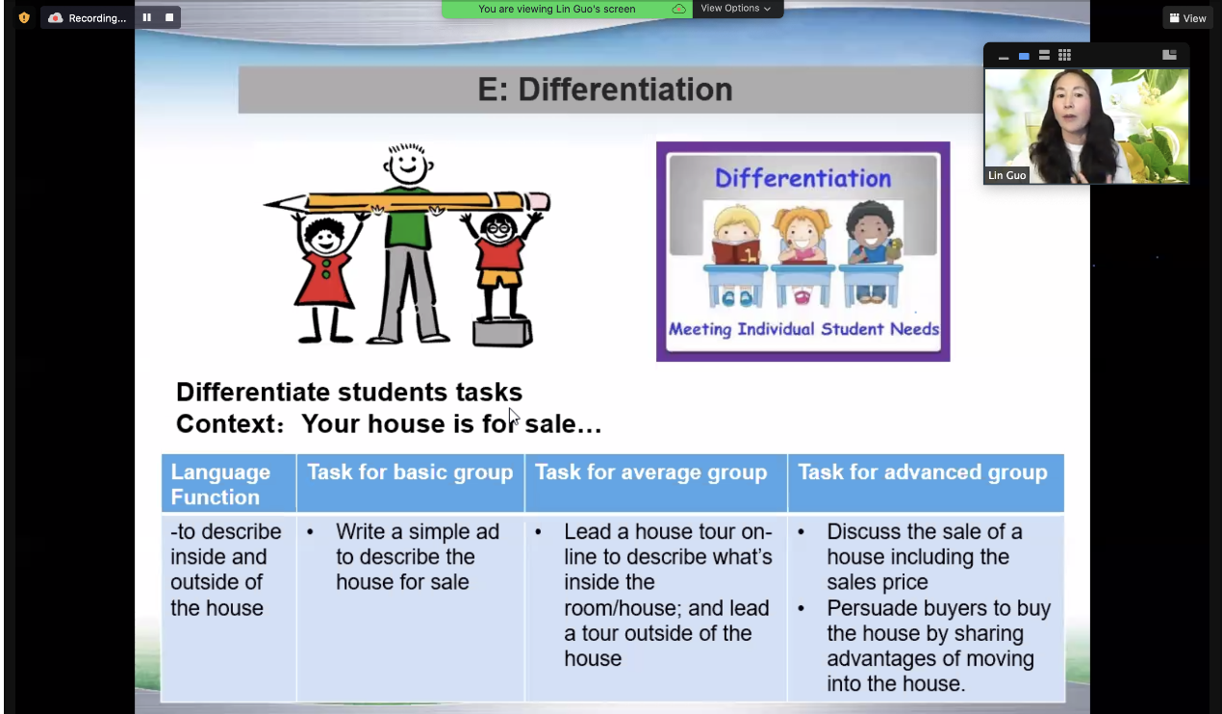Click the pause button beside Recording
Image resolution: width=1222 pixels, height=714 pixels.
147,17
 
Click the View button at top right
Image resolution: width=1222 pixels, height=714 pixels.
1187,18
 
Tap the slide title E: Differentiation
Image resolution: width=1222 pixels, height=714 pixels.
605,89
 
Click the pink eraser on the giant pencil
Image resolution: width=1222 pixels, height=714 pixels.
538,201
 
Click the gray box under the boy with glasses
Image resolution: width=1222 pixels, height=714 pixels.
502,332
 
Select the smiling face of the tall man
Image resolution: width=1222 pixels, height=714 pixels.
408,165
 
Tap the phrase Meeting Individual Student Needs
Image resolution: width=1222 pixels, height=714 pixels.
803,329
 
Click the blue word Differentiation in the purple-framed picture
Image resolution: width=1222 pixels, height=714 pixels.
803,178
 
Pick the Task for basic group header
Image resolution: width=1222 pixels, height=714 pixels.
410,472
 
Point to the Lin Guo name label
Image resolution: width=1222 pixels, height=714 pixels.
1006,176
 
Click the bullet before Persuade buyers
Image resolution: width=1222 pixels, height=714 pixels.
801,608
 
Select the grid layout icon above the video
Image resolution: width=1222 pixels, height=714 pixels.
1064,55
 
